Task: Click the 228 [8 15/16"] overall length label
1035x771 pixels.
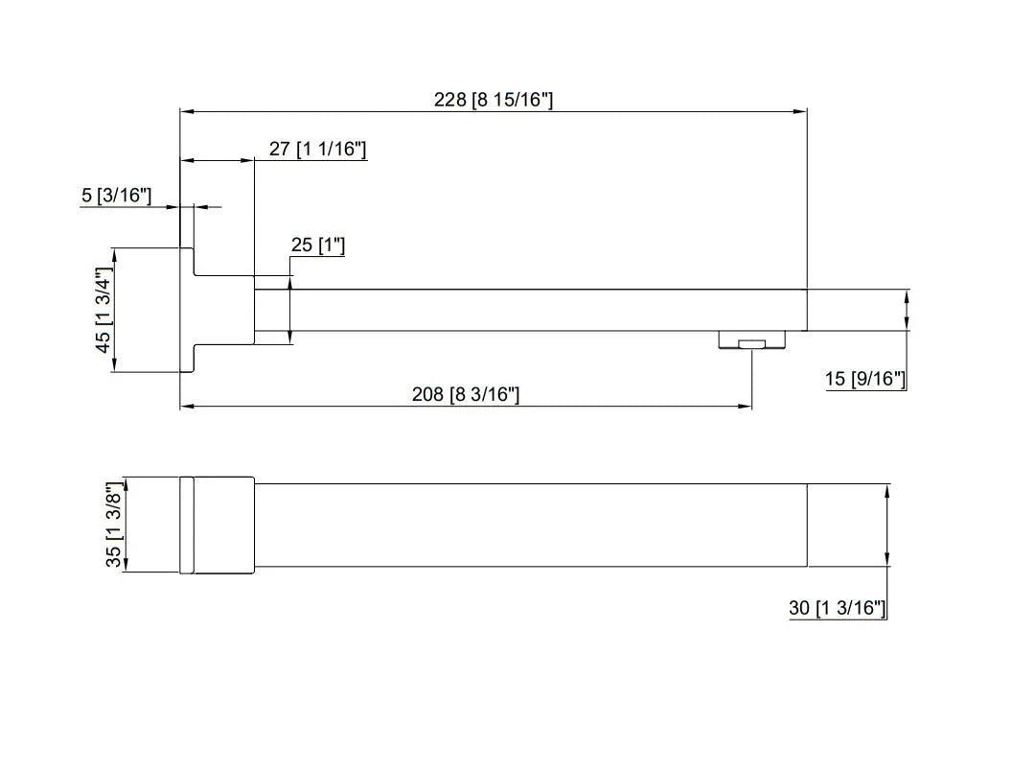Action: (494, 100)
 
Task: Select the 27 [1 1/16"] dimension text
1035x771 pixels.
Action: (317, 149)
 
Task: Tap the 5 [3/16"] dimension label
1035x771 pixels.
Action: (116, 195)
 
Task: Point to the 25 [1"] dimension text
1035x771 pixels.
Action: (318, 245)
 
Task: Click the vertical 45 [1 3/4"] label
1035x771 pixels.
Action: (103, 310)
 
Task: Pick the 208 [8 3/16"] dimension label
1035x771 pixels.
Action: (466, 394)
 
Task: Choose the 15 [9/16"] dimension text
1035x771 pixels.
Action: (864, 379)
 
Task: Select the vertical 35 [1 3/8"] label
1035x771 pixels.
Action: (114, 525)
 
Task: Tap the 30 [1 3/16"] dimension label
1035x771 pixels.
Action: (837, 608)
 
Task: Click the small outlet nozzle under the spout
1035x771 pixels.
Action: (752, 339)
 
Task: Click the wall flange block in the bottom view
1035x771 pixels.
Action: (218, 525)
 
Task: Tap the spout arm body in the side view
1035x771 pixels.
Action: (530, 310)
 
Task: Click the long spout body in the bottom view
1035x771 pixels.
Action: (531, 525)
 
